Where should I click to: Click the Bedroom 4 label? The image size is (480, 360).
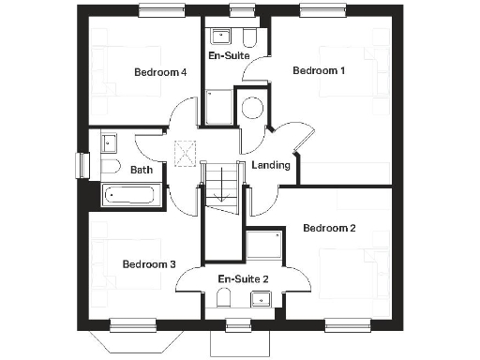[159, 72]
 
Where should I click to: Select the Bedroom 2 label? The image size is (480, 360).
[329, 228]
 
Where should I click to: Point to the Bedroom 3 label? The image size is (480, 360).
[149, 264]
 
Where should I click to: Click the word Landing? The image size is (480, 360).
[272, 166]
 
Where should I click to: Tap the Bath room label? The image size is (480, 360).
[142, 171]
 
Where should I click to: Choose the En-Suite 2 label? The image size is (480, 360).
[243, 279]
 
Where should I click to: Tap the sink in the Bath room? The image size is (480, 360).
[108, 143]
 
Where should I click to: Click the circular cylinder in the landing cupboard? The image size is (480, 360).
[252, 107]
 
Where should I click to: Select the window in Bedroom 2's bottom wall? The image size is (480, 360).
[346, 326]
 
